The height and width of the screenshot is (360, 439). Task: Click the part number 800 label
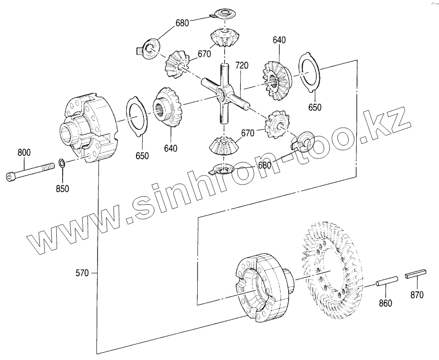tap(24, 152)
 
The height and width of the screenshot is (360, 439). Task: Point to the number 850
tap(62, 189)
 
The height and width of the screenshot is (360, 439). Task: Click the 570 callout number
tap(83, 272)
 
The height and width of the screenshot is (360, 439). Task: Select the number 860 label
tap(385, 303)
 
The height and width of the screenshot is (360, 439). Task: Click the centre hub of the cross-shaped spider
tap(222, 94)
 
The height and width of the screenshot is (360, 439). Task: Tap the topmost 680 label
tap(182, 23)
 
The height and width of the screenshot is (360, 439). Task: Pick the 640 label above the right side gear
tap(279, 40)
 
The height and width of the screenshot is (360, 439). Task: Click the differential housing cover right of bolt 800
tap(87, 128)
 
